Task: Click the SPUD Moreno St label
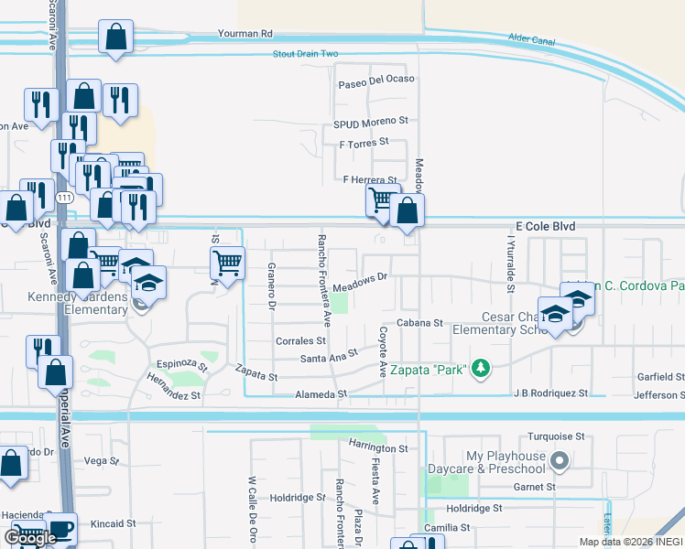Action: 370,122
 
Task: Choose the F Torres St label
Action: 364,143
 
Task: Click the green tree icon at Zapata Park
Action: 478,370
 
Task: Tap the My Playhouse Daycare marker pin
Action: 560,462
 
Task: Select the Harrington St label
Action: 377,448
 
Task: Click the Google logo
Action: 30,537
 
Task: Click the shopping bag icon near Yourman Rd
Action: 116,38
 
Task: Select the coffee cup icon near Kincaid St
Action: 61,530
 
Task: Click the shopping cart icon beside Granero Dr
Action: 226,264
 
